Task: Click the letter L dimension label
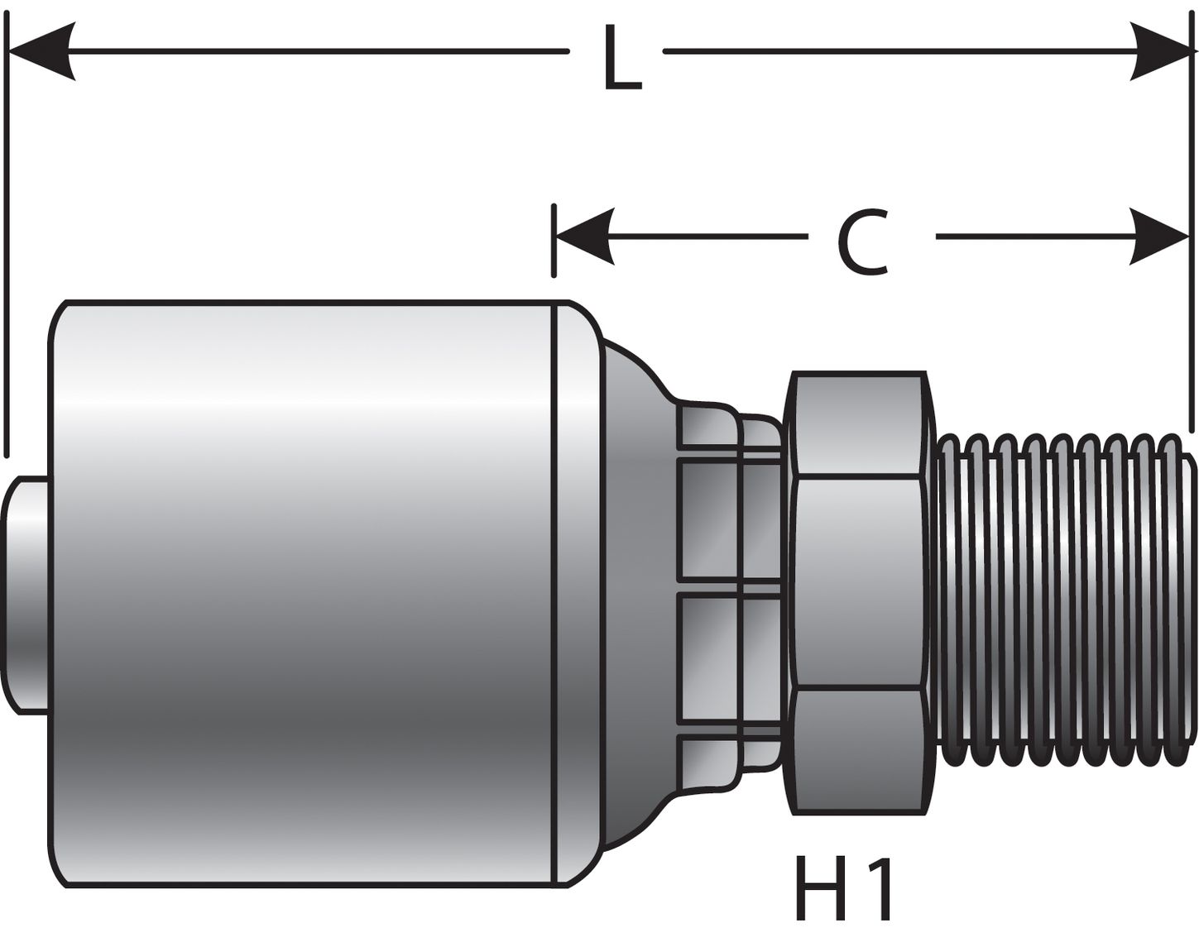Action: pos(621,58)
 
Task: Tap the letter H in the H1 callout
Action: pos(820,889)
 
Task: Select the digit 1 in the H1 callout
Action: pos(880,889)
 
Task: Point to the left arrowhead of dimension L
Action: pos(41,51)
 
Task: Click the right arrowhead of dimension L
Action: pos(1162,51)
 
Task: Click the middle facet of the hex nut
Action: pos(856,583)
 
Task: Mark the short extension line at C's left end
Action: pos(554,240)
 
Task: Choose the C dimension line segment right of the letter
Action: pos(1034,237)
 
